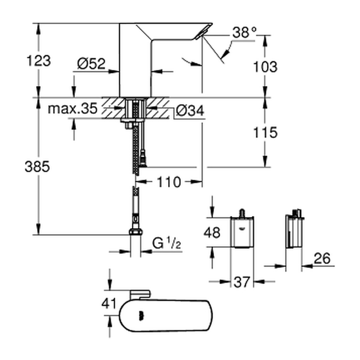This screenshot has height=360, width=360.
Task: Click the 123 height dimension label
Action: click(x=39, y=61)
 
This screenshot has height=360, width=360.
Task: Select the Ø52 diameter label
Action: click(x=91, y=64)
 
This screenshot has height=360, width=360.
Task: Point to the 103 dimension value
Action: click(x=265, y=67)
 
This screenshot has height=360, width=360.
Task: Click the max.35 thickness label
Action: click(x=72, y=109)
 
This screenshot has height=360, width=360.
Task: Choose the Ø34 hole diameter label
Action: click(x=190, y=111)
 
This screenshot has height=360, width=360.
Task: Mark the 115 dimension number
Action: click(x=265, y=133)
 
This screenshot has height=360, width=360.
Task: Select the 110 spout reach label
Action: click(x=169, y=182)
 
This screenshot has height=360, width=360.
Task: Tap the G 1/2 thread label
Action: click(x=167, y=243)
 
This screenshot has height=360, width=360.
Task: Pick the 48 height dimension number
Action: click(x=212, y=232)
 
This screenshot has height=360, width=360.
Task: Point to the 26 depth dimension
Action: click(x=322, y=258)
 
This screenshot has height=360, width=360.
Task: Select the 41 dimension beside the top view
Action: click(x=109, y=303)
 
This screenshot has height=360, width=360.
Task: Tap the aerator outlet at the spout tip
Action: click(x=203, y=32)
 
